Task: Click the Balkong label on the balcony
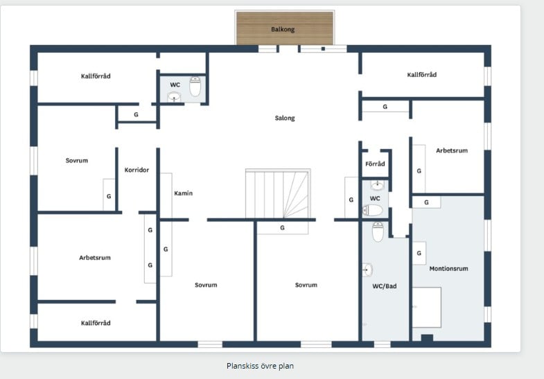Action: [283, 30]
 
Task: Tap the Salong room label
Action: [285, 118]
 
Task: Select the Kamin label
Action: [183, 193]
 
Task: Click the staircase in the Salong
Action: [278, 194]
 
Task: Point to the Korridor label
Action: [137, 170]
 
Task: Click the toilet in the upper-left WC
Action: [195, 87]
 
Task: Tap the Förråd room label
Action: [375, 164]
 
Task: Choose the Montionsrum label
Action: [448, 268]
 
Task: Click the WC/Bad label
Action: [385, 286]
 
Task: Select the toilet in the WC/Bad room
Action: [378, 231]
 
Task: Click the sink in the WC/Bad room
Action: [367, 270]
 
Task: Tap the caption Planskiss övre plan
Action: [260, 366]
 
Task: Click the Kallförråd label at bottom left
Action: [96, 323]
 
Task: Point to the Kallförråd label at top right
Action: [422, 75]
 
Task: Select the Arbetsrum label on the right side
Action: [452, 150]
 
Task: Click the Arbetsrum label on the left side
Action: [95, 258]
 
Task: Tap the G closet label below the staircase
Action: [283, 228]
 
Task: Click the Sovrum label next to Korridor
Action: [77, 161]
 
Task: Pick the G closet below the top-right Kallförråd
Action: [385, 107]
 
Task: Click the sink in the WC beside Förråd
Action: [378, 186]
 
